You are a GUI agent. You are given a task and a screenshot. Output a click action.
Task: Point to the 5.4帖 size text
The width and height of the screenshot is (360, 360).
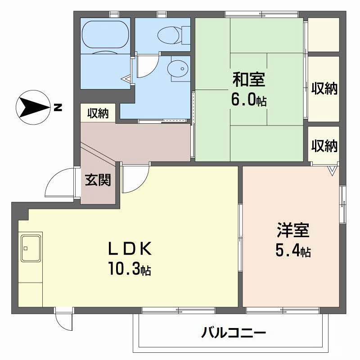(x=292, y=251)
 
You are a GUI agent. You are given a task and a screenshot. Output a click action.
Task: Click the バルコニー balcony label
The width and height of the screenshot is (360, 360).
(x=234, y=333)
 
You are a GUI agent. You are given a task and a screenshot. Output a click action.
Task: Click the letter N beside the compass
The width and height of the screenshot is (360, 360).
(x=57, y=108)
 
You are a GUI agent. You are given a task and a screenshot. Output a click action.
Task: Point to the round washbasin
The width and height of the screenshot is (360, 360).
(x=178, y=68)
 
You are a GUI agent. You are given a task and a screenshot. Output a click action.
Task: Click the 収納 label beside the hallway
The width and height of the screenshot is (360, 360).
(x=98, y=113)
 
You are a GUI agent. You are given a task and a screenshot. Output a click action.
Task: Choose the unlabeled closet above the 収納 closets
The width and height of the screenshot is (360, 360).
(x=323, y=34)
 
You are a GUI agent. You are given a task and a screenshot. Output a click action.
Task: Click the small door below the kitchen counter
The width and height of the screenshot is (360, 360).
(x=63, y=320)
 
